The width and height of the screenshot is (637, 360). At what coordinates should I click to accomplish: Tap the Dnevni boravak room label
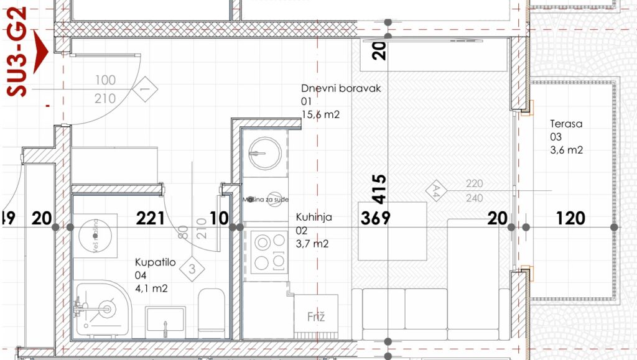click(340, 88)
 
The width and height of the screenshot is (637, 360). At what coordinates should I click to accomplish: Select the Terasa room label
click(565, 124)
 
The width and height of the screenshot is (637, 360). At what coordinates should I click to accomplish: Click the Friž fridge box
click(315, 317)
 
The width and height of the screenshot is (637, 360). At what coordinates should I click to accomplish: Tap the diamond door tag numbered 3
click(192, 270)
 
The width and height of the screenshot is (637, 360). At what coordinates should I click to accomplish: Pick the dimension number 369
click(376, 218)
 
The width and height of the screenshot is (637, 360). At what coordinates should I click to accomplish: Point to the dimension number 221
click(150, 218)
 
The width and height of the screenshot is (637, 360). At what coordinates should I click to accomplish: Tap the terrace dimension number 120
click(570, 218)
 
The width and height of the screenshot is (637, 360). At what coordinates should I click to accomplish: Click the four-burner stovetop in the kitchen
click(269, 252)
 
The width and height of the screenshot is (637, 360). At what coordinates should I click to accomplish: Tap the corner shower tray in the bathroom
click(101, 310)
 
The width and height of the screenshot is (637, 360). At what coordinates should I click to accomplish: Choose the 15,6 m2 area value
click(321, 114)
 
